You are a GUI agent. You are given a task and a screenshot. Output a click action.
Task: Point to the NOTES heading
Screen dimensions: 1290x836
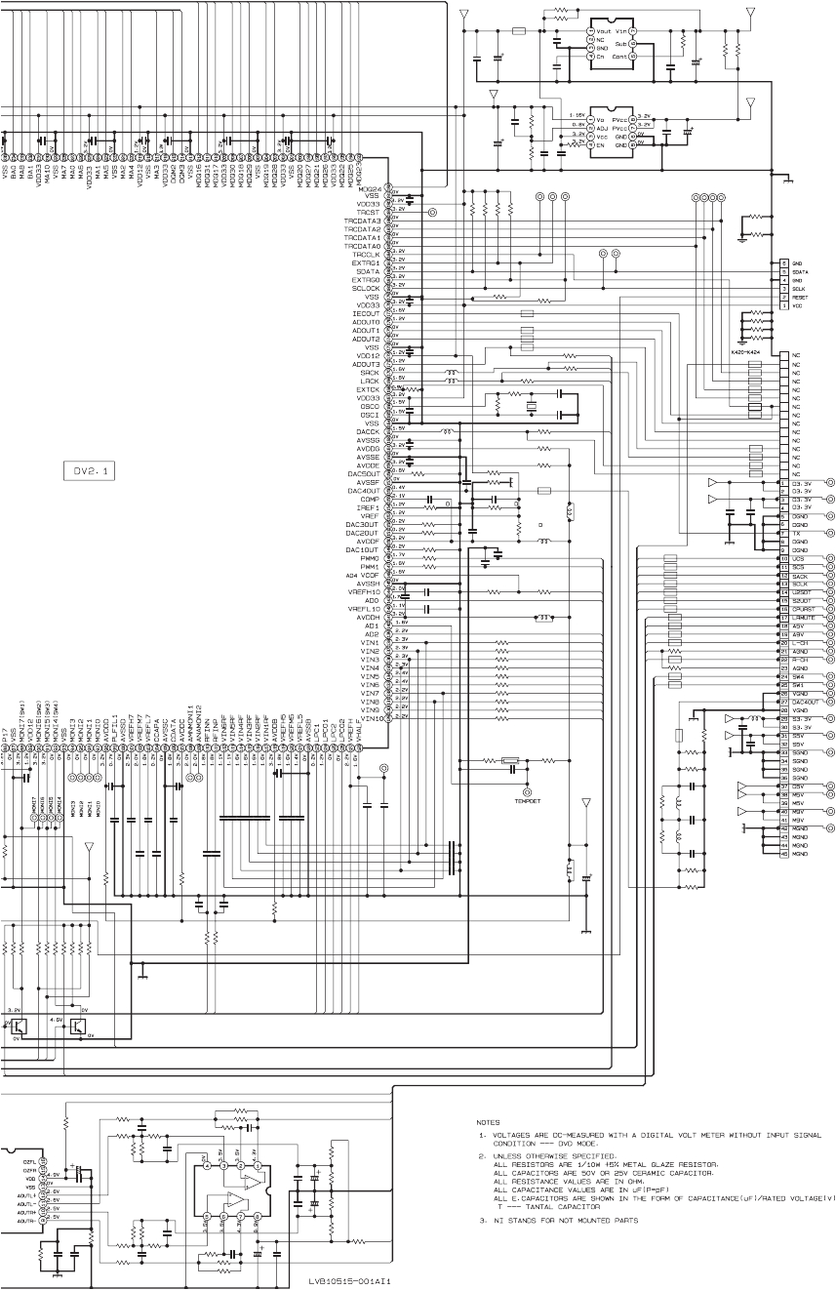tap(488, 1122)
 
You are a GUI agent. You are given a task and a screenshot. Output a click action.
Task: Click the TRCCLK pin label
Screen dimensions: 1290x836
tap(366, 255)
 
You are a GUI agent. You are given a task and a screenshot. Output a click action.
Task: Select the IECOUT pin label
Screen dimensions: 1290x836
tap(365, 314)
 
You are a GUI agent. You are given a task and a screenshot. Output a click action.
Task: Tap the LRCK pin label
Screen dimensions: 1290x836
tap(369, 382)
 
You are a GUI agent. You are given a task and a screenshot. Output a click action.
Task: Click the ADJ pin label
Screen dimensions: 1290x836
tap(577, 126)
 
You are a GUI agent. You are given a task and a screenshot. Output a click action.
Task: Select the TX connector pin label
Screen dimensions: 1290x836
tap(797, 533)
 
